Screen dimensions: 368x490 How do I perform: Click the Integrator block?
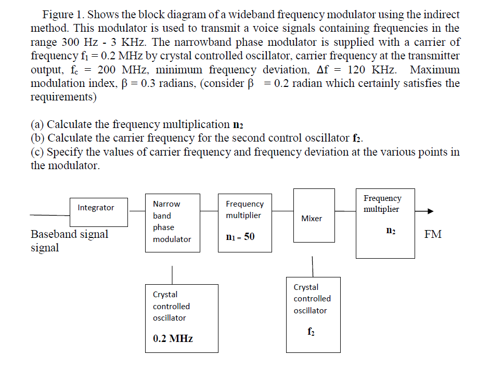tap(99, 212)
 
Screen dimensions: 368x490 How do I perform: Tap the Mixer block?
tap(312, 215)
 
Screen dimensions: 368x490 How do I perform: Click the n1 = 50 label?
tap(240, 237)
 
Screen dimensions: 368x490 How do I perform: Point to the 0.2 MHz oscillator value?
tap(173, 338)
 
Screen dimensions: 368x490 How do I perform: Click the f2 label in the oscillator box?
tap(311, 330)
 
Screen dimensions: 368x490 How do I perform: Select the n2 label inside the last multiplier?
tap(391, 231)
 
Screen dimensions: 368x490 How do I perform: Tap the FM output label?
tap(433, 234)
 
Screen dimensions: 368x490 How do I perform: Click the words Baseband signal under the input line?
tap(69, 234)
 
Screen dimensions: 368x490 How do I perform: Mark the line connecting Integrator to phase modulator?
tap(137, 211)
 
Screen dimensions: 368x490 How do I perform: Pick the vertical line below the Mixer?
tap(313, 266)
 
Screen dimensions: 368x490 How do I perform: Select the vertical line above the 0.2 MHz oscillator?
tap(172, 274)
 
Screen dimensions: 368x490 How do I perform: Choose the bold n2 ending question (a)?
tap(238, 125)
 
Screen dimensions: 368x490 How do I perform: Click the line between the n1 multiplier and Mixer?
tap(282, 211)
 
